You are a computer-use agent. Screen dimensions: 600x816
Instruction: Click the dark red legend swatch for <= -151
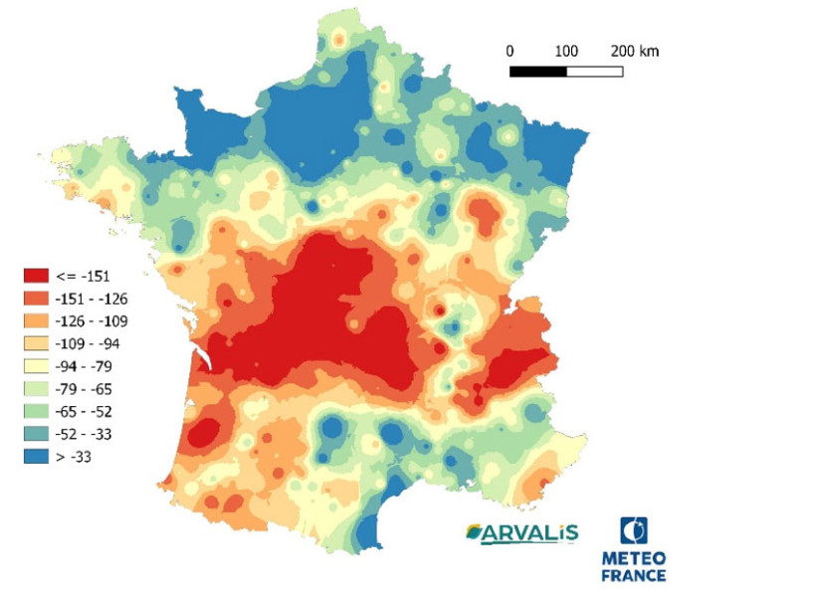tap(37, 275)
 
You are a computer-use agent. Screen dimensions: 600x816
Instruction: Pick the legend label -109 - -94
tap(90, 343)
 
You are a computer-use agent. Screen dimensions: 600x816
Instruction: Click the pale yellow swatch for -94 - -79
tap(37, 366)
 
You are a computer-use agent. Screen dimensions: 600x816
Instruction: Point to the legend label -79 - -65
tap(87, 389)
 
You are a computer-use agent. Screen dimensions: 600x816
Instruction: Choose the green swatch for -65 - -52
tap(37, 412)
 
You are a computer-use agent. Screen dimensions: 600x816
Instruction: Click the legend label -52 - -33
tap(87, 435)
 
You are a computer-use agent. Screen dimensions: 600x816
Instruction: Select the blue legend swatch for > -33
tap(37, 458)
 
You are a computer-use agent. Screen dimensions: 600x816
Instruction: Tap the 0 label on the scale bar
tap(510, 51)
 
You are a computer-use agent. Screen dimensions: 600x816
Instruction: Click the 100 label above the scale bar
tap(566, 51)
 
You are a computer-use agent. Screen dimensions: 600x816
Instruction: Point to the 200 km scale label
tap(634, 51)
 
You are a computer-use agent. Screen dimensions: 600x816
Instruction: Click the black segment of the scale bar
tap(538, 72)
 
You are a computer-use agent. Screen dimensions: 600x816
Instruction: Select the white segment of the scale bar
tap(595, 72)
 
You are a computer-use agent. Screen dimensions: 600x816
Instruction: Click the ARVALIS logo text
tap(521, 533)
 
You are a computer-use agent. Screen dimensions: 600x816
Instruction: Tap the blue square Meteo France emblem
tap(634, 531)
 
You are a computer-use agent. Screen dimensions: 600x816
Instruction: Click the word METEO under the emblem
tap(634, 558)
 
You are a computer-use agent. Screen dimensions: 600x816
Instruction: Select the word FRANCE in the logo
tap(634, 574)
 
